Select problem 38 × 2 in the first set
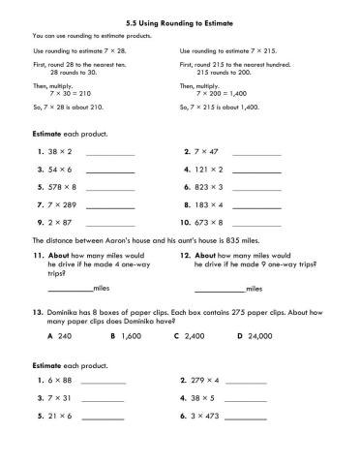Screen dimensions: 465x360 (x=60, y=153)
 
